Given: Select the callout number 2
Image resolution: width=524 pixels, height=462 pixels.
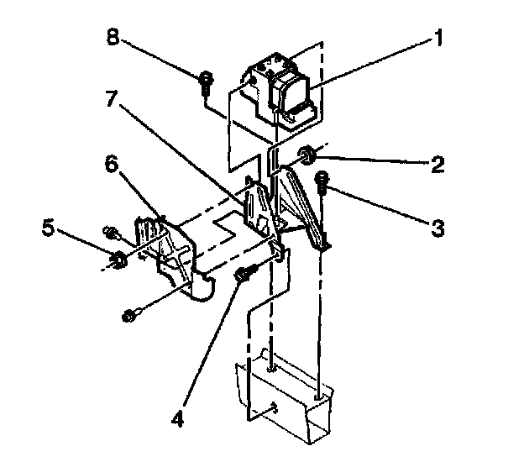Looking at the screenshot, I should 437,164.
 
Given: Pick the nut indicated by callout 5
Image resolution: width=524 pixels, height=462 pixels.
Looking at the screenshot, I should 118,259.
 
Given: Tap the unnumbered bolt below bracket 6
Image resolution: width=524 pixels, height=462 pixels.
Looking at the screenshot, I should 129,317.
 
